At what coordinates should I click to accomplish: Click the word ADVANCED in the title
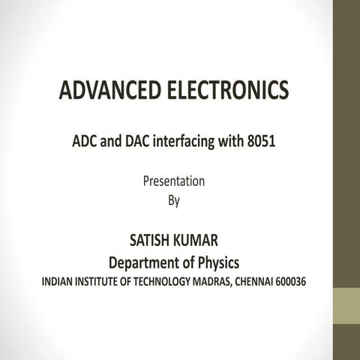[106, 91]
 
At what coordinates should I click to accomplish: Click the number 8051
[260, 140]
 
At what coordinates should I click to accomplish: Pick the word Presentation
[173, 181]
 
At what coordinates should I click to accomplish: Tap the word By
[173, 200]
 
